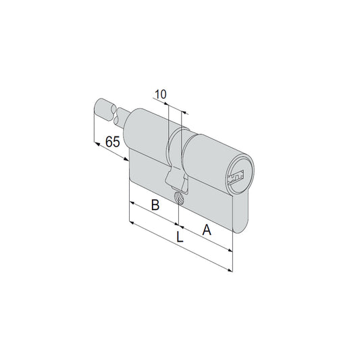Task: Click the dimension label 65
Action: coord(113,142)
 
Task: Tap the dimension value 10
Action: coord(161,95)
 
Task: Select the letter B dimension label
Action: coord(155,205)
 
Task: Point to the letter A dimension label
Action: coord(207,230)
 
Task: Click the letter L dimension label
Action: coord(180,236)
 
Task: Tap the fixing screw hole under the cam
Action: coord(178,198)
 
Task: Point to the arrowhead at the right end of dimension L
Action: coord(230,270)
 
